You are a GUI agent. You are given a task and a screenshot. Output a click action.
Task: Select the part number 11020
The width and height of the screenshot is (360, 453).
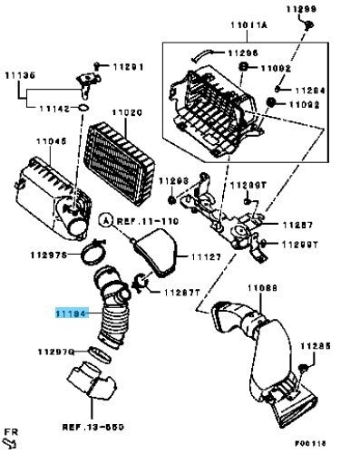click(126, 111)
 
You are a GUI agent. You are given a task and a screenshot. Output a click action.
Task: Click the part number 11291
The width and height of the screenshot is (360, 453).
click(129, 66)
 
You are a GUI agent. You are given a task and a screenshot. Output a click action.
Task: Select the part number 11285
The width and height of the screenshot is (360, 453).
click(316, 346)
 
